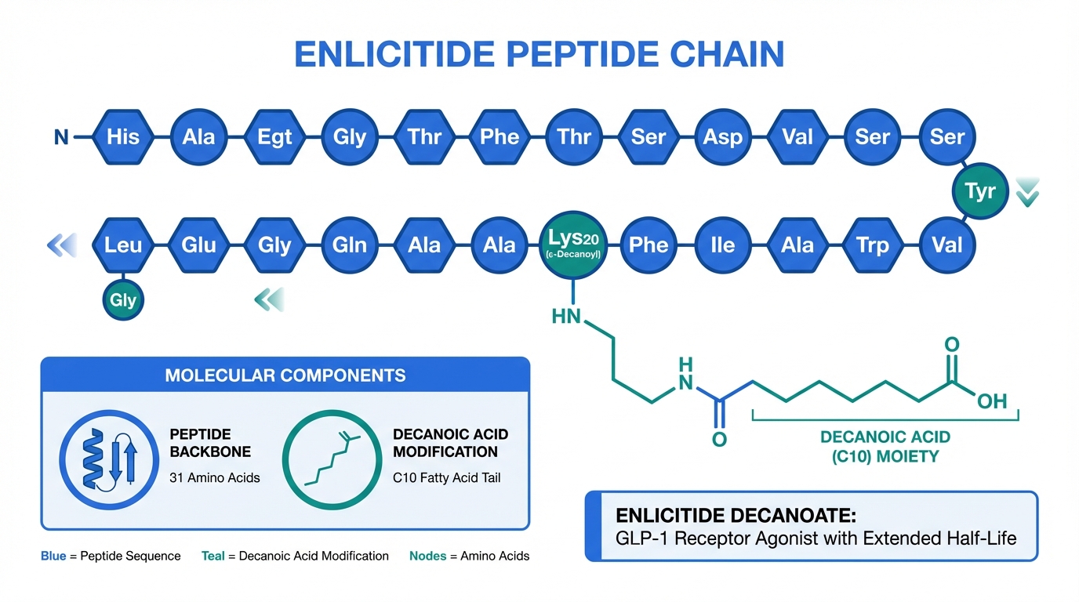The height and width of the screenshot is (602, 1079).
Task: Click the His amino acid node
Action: click(x=123, y=137)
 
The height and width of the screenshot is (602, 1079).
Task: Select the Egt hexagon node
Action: click(x=274, y=137)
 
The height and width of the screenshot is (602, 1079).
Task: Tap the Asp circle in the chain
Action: click(x=722, y=137)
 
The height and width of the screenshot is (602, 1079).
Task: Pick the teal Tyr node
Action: click(x=980, y=191)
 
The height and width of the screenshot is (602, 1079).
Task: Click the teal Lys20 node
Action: click(x=572, y=245)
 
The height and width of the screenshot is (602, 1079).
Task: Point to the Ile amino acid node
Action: click(x=722, y=245)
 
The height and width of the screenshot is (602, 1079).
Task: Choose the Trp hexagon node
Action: click(x=872, y=245)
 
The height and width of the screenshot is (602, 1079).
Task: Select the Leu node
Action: click(x=123, y=245)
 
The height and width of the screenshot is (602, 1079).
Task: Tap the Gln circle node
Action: click(x=350, y=245)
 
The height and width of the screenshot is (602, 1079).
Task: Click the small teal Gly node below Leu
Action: click(x=123, y=300)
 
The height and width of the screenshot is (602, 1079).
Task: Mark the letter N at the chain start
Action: click(x=61, y=138)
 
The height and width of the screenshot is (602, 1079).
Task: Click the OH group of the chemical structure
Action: click(x=991, y=401)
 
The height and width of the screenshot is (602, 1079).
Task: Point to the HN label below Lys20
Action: click(x=567, y=316)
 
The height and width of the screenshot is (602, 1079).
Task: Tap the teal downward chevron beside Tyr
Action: click(x=1026, y=192)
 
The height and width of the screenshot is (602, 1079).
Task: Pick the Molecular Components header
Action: click(x=285, y=375)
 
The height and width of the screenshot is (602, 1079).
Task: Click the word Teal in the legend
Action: click(x=213, y=556)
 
